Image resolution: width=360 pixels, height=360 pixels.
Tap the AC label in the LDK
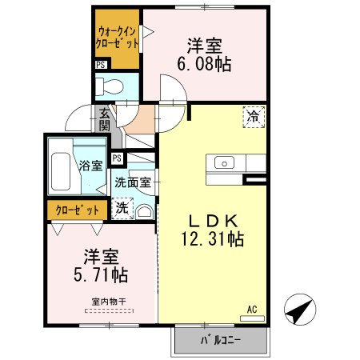click(x=251, y=309)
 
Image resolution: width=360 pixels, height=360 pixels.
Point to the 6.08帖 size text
click(x=204, y=64)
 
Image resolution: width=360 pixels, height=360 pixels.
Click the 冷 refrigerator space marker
click(x=253, y=116)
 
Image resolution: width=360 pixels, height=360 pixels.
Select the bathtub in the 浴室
click(x=61, y=166)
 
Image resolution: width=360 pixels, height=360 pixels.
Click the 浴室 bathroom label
click(x=90, y=166)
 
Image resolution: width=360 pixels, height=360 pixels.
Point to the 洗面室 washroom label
click(x=133, y=182)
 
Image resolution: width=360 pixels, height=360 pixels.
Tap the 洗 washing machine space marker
click(x=122, y=208)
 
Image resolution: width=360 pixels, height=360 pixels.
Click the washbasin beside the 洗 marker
click(x=144, y=210)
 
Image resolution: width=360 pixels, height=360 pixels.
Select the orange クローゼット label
click(x=78, y=210)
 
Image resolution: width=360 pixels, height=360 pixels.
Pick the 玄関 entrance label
click(x=105, y=121)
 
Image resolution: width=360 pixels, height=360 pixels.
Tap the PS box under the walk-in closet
click(x=101, y=65)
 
